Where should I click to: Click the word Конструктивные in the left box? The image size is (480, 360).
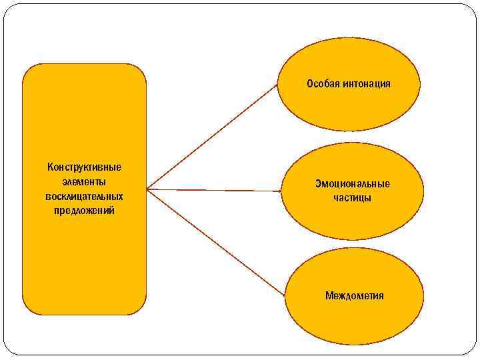tap(84, 167)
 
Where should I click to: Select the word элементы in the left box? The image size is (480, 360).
tap(84, 181)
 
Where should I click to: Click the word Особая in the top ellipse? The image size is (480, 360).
tap(323, 84)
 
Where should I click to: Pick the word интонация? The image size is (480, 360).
tap(366, 84)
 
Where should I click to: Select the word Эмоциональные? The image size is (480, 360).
tap(353, 184)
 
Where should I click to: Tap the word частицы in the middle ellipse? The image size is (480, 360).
tap(353, 198)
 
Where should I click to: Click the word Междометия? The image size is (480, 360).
tap(354, 295)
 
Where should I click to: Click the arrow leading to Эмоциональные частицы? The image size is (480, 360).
tap(213, 190)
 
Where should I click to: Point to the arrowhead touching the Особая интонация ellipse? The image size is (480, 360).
tap(276, 86)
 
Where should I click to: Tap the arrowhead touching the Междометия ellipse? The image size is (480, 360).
tap(282, 293)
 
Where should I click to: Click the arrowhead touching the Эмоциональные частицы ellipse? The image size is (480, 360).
tap(279, 191)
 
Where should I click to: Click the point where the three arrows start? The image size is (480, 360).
tap(147, 189)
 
